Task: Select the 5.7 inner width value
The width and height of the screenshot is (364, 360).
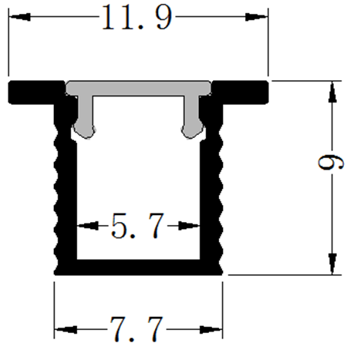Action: coord(136,227)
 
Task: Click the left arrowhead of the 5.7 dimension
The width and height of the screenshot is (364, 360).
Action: coord(84,227)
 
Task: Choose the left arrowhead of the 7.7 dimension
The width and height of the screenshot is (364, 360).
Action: coord(62,329)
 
